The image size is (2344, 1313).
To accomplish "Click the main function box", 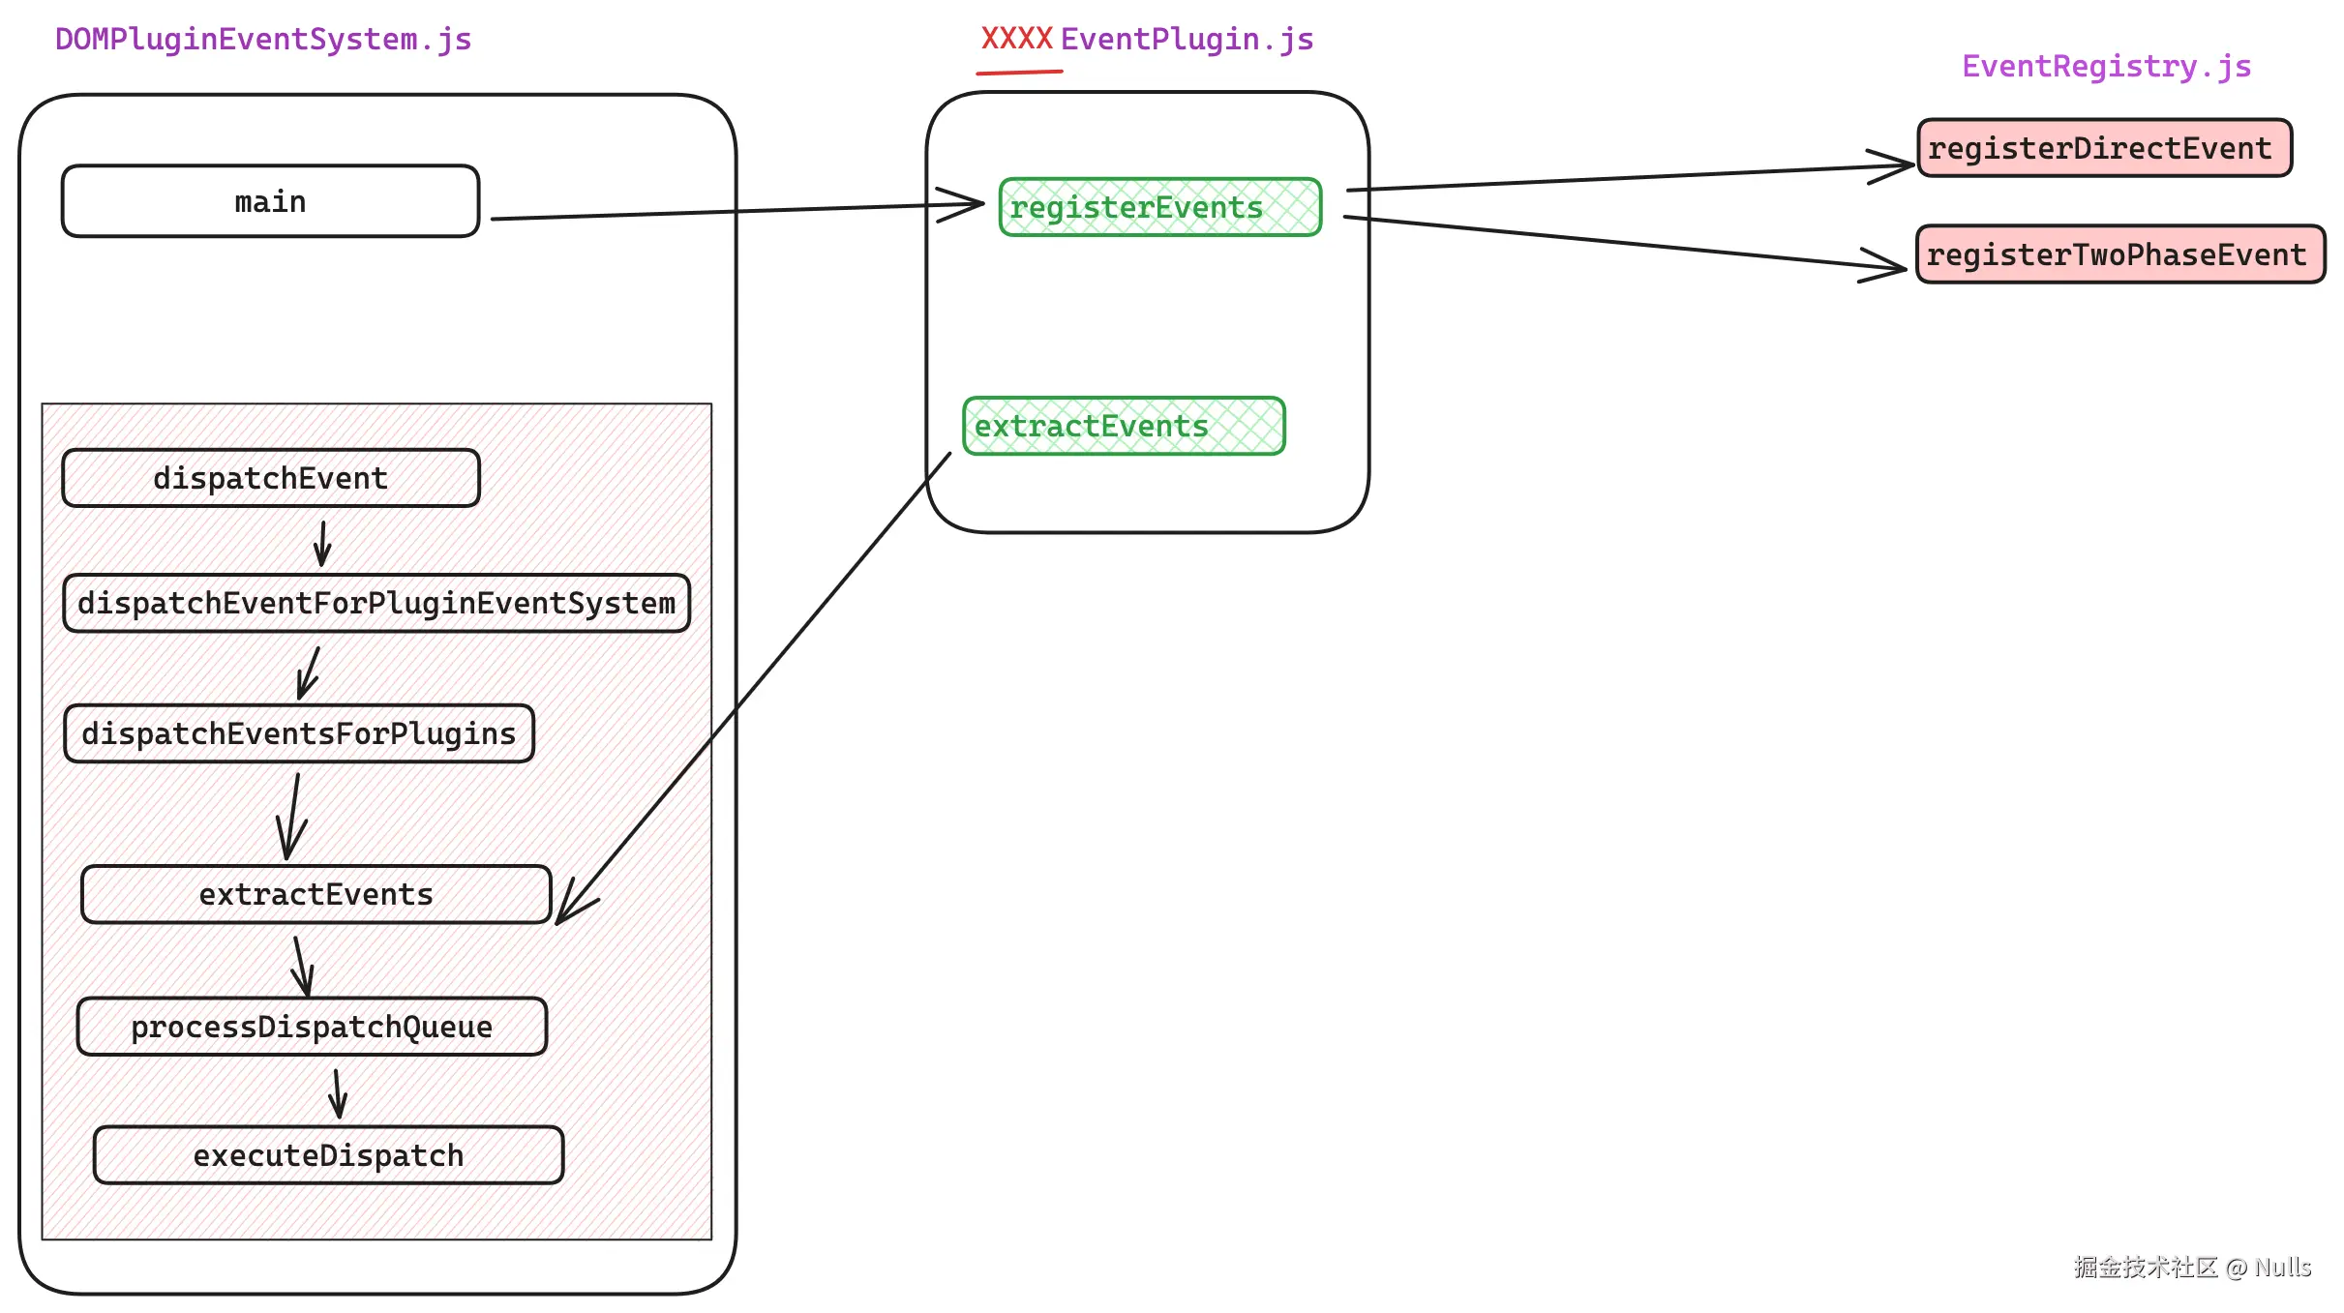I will point(270,201).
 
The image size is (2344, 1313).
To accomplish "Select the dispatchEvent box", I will point(270,478).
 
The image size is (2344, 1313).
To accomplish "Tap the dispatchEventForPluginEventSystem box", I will point(376,603).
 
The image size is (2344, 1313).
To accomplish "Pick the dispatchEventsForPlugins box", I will point(298,733).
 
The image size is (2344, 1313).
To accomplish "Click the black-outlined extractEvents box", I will point(316,894).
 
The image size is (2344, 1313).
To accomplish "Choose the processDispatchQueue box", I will point(312,1027).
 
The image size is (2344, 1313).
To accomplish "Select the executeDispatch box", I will point(328,1155).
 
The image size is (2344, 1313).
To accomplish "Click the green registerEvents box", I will point(1159,207).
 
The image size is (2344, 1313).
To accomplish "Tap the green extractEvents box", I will point(1124,426).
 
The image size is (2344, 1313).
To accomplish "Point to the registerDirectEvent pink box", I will point(2104,148).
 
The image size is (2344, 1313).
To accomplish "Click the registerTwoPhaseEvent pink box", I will point(2119,254).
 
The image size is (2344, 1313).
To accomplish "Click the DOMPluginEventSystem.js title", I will point(263,40).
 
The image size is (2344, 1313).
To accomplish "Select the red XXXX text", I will point(1016,39).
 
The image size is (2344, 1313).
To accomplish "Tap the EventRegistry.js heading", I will point(2106,66).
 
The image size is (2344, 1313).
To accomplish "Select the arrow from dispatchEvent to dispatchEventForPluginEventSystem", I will point(322,544).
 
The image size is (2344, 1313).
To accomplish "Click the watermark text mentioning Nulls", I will point(2191,1267).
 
